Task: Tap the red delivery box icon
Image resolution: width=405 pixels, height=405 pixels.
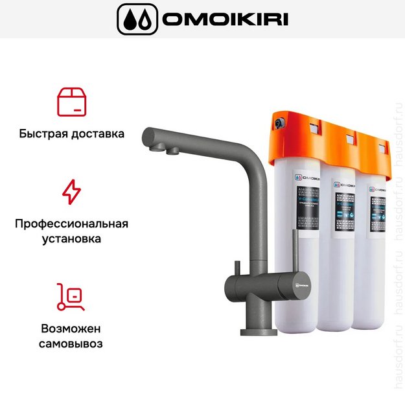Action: click(71, 102)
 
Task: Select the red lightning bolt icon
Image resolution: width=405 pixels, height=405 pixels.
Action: click(71, 192)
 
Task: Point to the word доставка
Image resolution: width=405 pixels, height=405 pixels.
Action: click(98, 135)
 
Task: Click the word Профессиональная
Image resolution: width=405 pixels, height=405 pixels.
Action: click(71, 224)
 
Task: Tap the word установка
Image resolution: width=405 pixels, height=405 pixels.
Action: click(71, 239)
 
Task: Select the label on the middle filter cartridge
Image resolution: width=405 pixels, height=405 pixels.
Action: click(343, 211)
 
